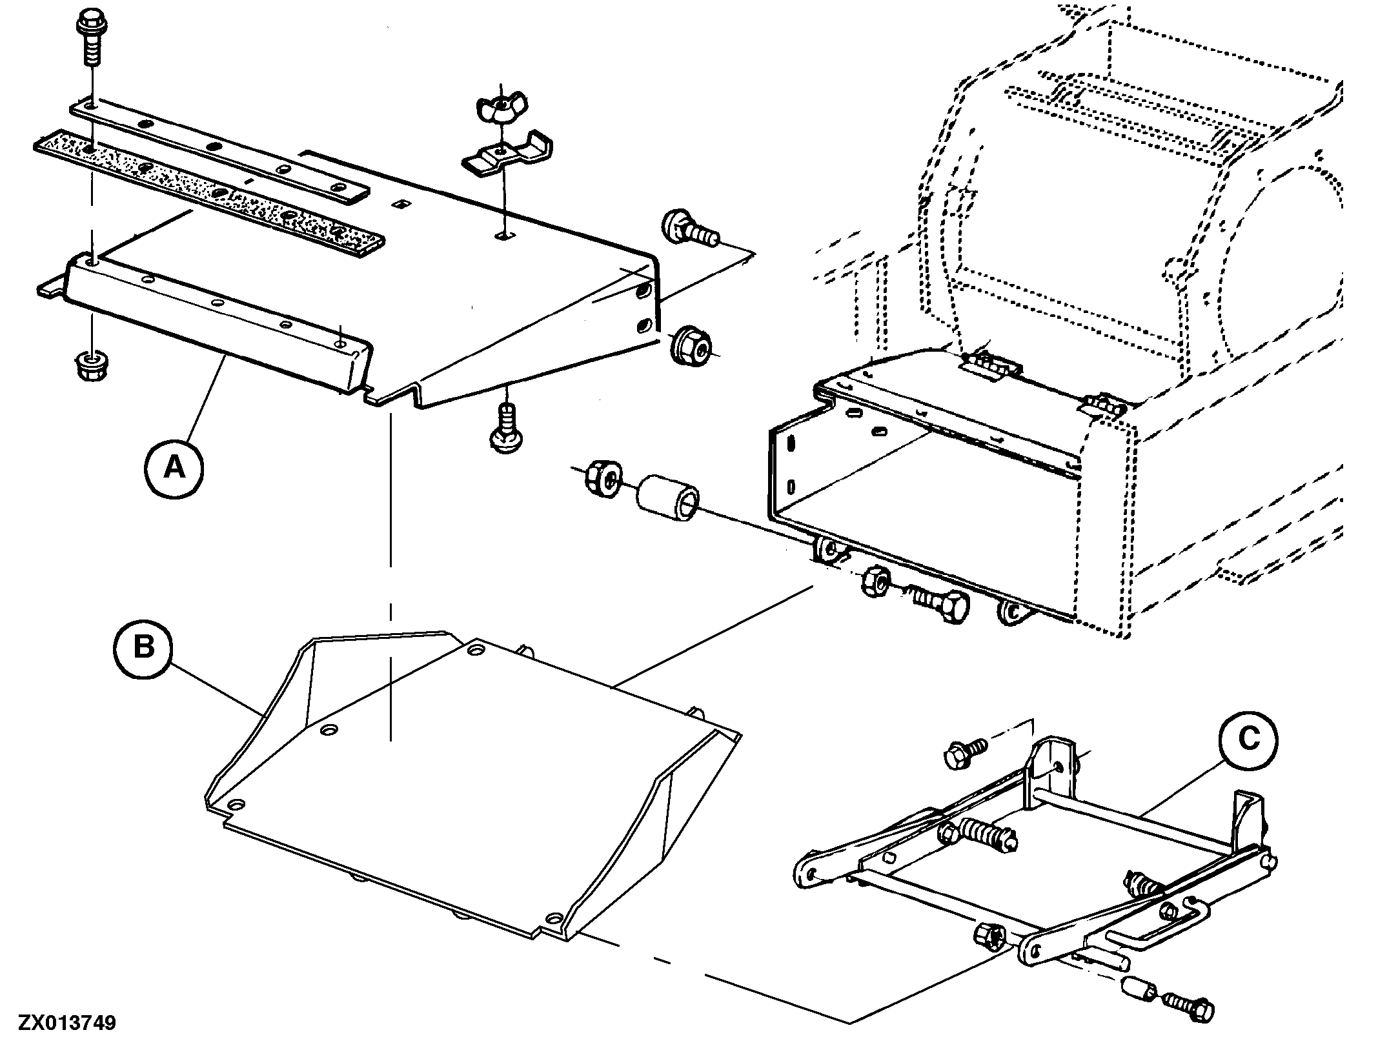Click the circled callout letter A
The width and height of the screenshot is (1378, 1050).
174,467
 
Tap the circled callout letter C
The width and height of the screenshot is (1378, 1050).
1249,740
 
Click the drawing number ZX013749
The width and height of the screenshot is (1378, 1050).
67,1024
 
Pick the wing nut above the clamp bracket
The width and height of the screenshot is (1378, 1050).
502,109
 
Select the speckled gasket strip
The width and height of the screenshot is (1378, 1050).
209,194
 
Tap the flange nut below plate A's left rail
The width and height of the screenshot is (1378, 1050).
88,366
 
